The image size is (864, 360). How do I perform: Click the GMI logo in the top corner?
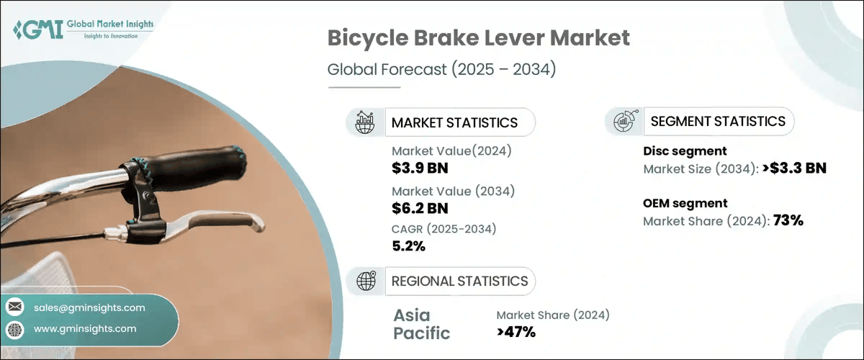click(x=83, y=30)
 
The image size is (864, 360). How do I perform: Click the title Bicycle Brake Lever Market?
click(x=478, y=39)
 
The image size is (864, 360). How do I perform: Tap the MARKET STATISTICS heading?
click(x=454, y=122)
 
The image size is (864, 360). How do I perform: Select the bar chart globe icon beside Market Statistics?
click(x=365, y=122)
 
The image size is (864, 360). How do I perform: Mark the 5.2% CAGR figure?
click(x=408, y=246)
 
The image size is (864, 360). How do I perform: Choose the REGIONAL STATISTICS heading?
click(x=459, y=281)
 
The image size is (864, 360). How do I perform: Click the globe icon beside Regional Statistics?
click(x=366, y=282)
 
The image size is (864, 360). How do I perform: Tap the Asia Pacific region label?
click(x=422, y=324)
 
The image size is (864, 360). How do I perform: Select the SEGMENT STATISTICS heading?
click(x=718, y=121)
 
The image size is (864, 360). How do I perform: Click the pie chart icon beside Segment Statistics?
click(x=624, y=122)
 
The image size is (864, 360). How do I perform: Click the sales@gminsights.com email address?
click(x=89, y=307)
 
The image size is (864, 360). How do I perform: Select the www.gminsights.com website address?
click(x=85, y=329)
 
